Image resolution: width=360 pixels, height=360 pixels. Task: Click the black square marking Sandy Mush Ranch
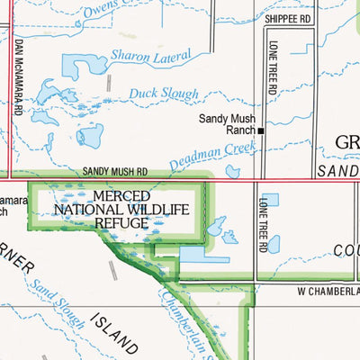261,130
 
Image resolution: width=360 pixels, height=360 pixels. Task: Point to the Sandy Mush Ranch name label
228,124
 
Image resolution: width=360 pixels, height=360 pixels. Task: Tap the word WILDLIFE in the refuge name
155,210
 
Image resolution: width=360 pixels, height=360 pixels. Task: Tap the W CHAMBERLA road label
328,292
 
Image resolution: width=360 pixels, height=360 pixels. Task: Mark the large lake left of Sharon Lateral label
82,66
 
